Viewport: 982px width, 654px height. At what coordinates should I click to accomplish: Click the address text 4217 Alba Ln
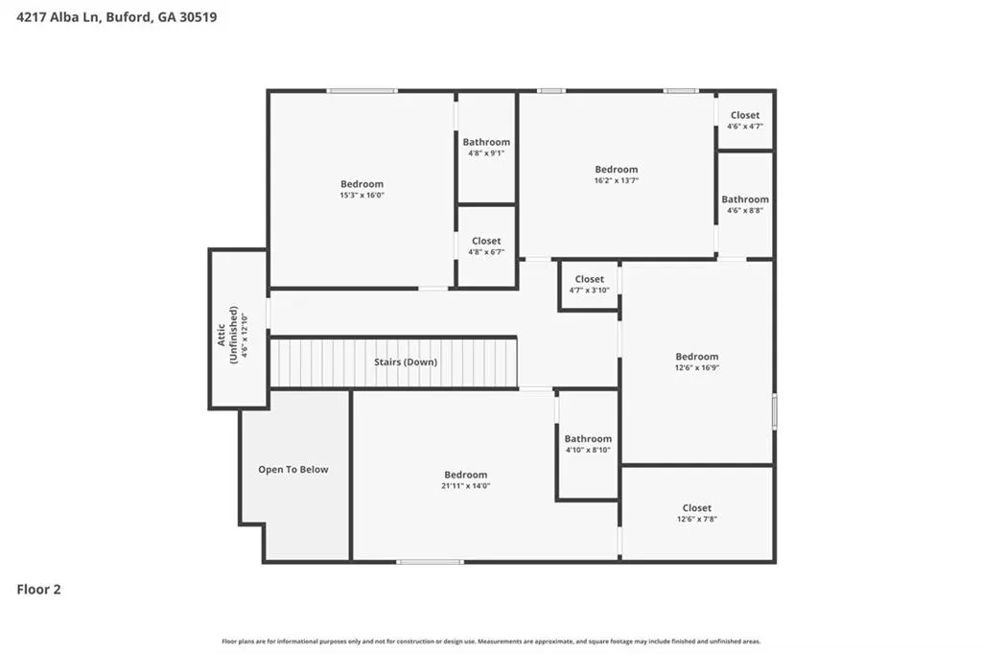coord(58,17)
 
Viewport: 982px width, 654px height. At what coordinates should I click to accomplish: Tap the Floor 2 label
coord(38,590)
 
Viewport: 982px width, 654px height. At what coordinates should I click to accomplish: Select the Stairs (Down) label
coord(406,362)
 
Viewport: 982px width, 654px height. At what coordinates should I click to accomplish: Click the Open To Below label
coord(293,469)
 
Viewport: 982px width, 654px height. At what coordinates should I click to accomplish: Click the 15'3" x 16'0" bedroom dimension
coord(362,196)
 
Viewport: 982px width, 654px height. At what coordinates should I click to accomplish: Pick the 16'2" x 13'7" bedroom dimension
coord(617,180)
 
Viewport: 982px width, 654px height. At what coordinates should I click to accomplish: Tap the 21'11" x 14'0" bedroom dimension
coord(466,486)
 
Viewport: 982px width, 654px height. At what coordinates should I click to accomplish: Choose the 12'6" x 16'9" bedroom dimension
coord(697,367)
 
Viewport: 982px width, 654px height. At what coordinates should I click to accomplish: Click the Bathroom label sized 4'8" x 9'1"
coord(486,142)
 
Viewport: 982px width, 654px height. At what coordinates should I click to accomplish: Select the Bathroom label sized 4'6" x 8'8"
coord(745,199)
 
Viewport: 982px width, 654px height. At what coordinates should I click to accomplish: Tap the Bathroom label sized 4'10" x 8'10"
coord(588,438)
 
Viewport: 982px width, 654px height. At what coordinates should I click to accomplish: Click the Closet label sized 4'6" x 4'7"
coord(745,115)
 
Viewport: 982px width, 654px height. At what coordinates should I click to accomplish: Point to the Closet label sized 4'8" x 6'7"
coord(486,242)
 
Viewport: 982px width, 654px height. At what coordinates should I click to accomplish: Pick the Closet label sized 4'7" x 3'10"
coord(590,279)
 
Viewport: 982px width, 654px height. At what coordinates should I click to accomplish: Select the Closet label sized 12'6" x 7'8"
coord(697,508)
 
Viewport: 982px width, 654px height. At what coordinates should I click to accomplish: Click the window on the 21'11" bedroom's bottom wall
coord(431,562)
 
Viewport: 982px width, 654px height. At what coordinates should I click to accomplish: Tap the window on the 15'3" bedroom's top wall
coord(362,91)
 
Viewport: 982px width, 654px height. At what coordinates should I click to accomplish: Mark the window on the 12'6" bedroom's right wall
coord(775,411)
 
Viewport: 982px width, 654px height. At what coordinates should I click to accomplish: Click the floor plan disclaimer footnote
coord(491,642)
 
